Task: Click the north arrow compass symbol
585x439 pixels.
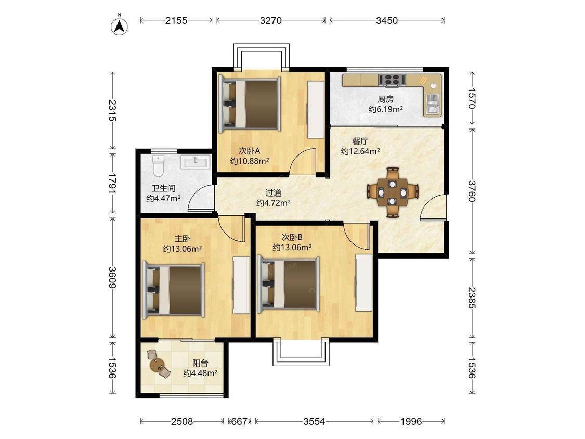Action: point(120,26)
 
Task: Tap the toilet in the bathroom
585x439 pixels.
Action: point(159,166)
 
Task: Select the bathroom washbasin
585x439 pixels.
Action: point(196,162)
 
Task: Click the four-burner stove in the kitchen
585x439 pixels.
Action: point(392,80)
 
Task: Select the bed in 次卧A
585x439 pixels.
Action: point(250,104)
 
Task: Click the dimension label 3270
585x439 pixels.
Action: point(271,20)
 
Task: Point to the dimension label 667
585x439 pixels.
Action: point(239,421)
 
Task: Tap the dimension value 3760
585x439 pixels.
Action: point(472,191)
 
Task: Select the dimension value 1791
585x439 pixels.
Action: point(112,183)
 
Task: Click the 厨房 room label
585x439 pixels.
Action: point(385,99)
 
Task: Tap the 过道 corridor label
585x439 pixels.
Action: point(273,193)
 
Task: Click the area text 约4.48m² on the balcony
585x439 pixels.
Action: point(200,373)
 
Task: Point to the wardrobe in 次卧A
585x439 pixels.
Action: point(315,110)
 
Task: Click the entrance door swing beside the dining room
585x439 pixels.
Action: point(433,207)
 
